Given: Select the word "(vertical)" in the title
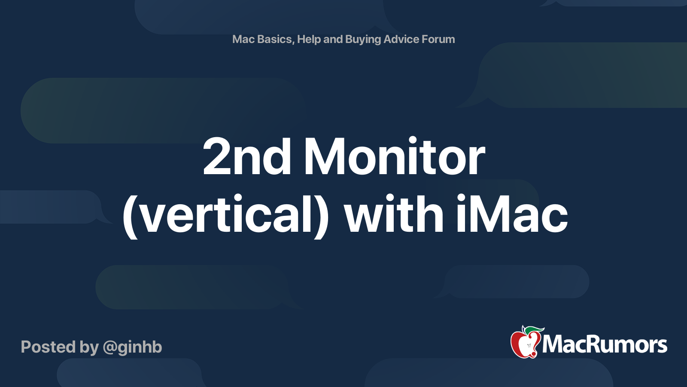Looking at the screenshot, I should click(x=226, y=214).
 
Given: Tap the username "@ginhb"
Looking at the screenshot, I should click(x=132, y=347).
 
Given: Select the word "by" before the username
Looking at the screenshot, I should click(x=89, y=347).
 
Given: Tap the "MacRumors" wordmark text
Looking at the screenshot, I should click(x=605, y=345).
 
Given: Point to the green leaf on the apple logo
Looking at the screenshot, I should click(x=534, y=330).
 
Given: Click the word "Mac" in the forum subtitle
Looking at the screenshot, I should click(x=243, y=39).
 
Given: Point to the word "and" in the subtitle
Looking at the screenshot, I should click(x=333, y=39).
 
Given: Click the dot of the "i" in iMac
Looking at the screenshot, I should click(x=462, y=198).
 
